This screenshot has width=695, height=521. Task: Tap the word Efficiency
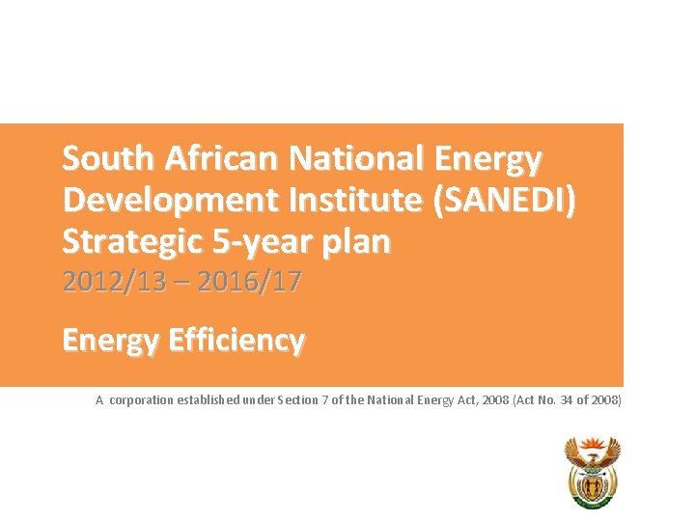click(x=227, y=341)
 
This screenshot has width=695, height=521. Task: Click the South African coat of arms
click(x=591, y=472)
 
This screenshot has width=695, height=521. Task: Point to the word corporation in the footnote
click(x=141, y=399)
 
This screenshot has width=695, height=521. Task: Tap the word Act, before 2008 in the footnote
click(x=473, y=399)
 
